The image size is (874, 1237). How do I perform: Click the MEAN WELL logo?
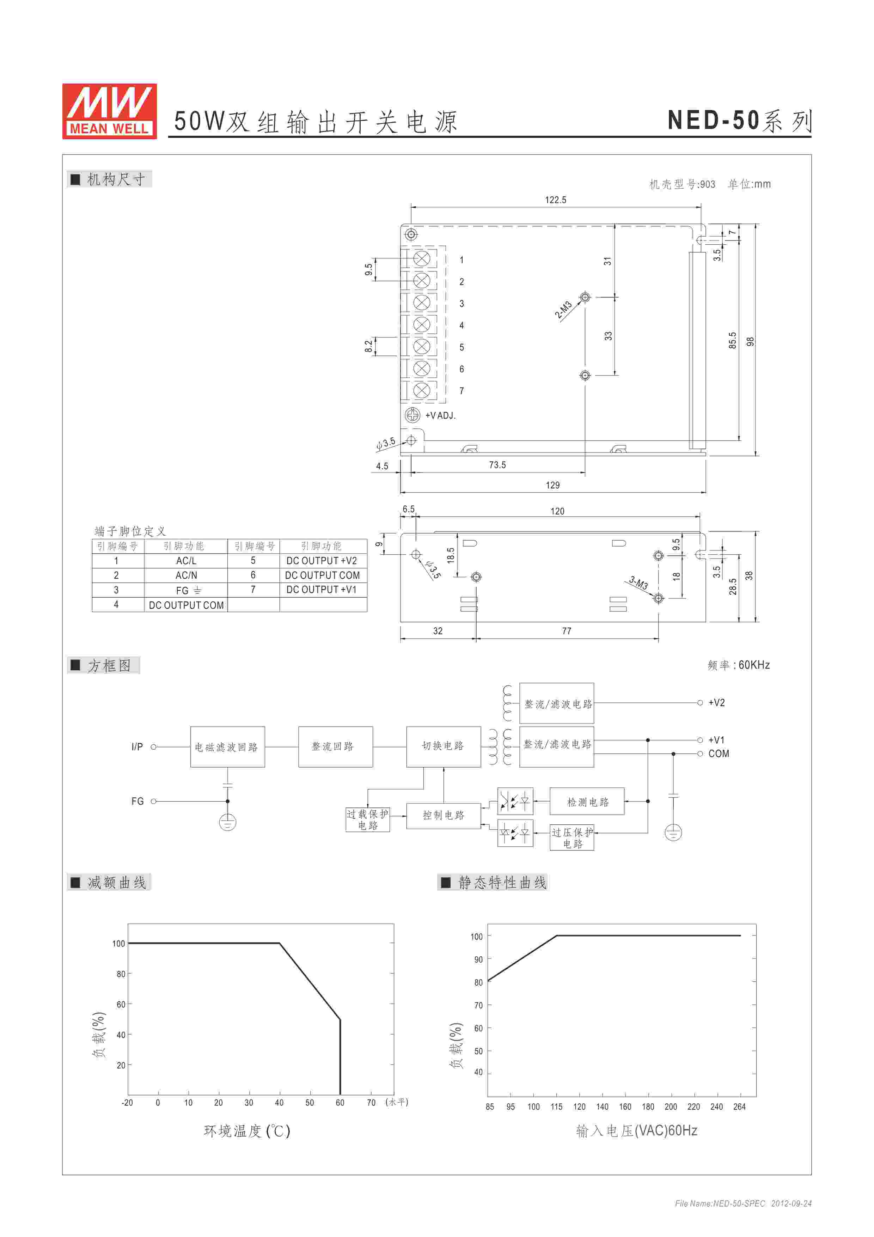click(x=109, y=111)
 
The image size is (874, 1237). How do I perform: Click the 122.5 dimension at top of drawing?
click(x=555, y=200)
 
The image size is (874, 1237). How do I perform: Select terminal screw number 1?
click(x=422, y=258)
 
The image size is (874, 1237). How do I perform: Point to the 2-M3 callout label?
click(x=563, y=310)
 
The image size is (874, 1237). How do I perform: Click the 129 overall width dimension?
click(x=552, y=485)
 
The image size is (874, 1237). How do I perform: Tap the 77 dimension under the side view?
click(x=567, y=631)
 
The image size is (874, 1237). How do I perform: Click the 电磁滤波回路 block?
click(x=227, y=747)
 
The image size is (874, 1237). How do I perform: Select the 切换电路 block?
click(x=443, y=746)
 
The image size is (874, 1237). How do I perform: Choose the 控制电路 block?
click(x=443, y=815)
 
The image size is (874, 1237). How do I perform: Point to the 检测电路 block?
click(x=587, y=802)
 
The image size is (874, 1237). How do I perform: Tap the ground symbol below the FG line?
click(x=228, y=822)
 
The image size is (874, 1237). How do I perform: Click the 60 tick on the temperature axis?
click(x=340, y=1102)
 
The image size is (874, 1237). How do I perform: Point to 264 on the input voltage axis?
click(x=739, y=1107)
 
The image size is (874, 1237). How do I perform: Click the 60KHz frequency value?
click(x=754, y=665)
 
